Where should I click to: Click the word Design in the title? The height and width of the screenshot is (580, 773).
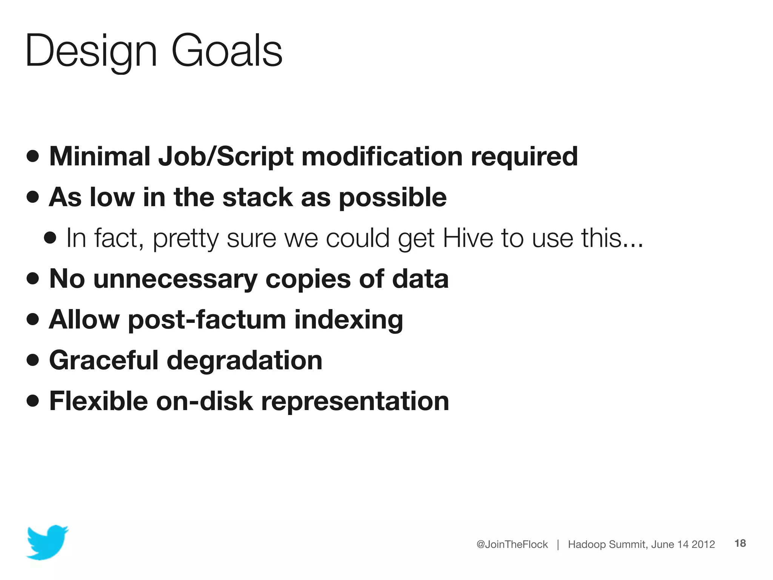91,51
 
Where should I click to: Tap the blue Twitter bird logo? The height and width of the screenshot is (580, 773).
47,542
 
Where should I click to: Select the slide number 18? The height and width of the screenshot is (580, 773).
740,543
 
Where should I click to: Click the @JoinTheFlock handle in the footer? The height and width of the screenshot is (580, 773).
512,544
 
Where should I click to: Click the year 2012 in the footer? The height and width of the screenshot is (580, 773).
703,544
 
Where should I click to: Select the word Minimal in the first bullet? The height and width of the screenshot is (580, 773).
100,156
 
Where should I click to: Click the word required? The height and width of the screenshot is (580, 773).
524,157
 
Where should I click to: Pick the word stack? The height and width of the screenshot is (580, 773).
258,197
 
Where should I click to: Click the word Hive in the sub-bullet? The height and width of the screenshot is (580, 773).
468,238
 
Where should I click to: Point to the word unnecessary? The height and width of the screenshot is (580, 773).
175,279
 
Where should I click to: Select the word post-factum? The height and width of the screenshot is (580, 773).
207,320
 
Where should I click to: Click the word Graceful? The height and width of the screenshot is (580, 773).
104,360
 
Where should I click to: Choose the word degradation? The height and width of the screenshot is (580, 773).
245,361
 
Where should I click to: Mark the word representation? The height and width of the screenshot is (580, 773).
355,402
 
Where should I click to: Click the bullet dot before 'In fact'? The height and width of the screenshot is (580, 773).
50,238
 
